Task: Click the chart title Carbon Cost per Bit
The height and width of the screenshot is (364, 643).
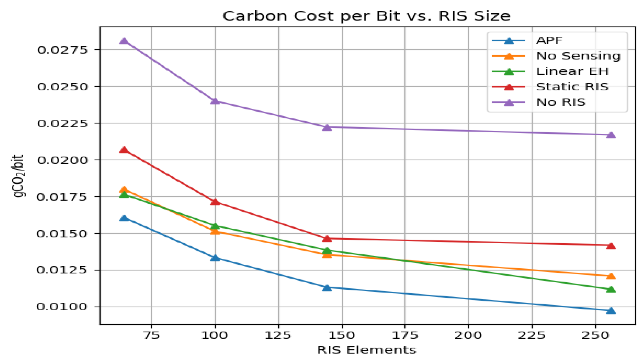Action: tap(366, 16)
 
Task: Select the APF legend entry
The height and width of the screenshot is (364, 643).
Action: tap(549, 41)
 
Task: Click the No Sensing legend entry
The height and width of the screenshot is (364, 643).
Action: tap(578, 56)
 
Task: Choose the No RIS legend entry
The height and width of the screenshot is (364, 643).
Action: tap(561, 102)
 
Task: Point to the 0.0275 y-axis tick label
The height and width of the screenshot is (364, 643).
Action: tap(63, 50)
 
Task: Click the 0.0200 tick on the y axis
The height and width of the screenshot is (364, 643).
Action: tap(63, 160)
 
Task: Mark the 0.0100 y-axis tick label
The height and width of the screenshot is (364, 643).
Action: tap(63, 307)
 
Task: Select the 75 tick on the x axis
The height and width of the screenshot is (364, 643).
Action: tap(151, 335)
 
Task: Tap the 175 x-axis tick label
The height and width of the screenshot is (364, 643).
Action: tap(405, 335)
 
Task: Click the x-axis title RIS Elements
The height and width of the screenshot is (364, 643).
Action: tap(367, 350)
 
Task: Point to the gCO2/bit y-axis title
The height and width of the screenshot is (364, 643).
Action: tap(18, 176)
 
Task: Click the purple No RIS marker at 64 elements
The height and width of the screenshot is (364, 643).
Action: tap(124, 41)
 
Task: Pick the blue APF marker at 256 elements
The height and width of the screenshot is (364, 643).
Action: tap(611, 311)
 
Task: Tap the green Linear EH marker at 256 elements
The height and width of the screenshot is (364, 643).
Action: tap(611, 289)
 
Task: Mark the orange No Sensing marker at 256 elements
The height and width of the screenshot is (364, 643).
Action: tap(611, 276)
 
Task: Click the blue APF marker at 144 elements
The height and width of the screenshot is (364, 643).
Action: tap(327, 288)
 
